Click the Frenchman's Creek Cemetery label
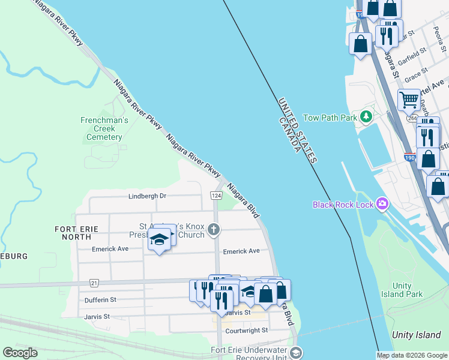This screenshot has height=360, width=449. pyautogui.click(x=104, y=128)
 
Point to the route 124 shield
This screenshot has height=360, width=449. pyautogui.click(x=216, y=196)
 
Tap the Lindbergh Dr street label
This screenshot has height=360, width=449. pyautogui.click(x=147, y=196)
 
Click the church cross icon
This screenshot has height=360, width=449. pyautogui.click(x=214, y=229)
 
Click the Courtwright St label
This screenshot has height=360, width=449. pyautogui.click(x=246, y=331)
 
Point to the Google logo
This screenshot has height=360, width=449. pyautogui.click(x=20, y=353)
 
